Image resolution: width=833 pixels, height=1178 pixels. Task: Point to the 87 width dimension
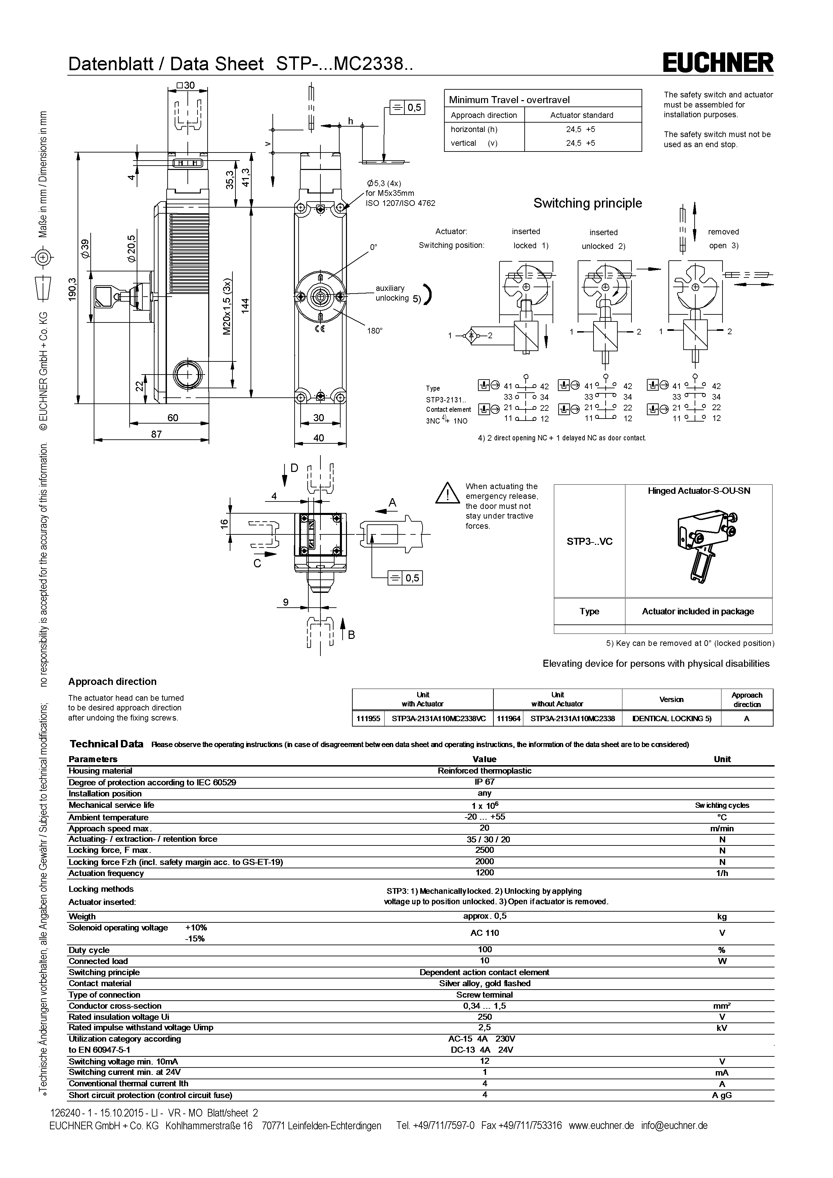pyautogui.click(x=157, y=434)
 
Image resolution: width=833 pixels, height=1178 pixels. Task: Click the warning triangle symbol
pyautogui.click(x=447, y=493)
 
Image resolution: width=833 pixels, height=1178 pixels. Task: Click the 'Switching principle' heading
pyautogui.click(x=587, y=203)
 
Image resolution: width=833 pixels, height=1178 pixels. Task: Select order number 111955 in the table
pyautogui.click(x=368, y=719)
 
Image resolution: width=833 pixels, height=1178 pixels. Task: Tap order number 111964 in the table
pyautogui.click(x=508, y=719)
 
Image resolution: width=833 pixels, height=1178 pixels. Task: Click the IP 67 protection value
pyautogui.click(x=484, y=782)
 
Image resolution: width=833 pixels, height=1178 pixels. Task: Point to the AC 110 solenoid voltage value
pyautogui.click(x=484, y=933)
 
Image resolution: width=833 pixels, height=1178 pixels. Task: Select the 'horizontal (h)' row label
pyautogui.click(x=474, y=129)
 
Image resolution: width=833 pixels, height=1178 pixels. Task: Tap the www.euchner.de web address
pyautogui.click(x=601, y=1125)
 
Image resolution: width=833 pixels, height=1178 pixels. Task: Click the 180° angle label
pyautogui.click(x=375, y=331)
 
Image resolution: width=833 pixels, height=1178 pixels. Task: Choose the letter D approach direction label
pyautogui.click(x=294, y=468)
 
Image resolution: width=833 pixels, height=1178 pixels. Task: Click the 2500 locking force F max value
pyautogui.click(x=484, y=850)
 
